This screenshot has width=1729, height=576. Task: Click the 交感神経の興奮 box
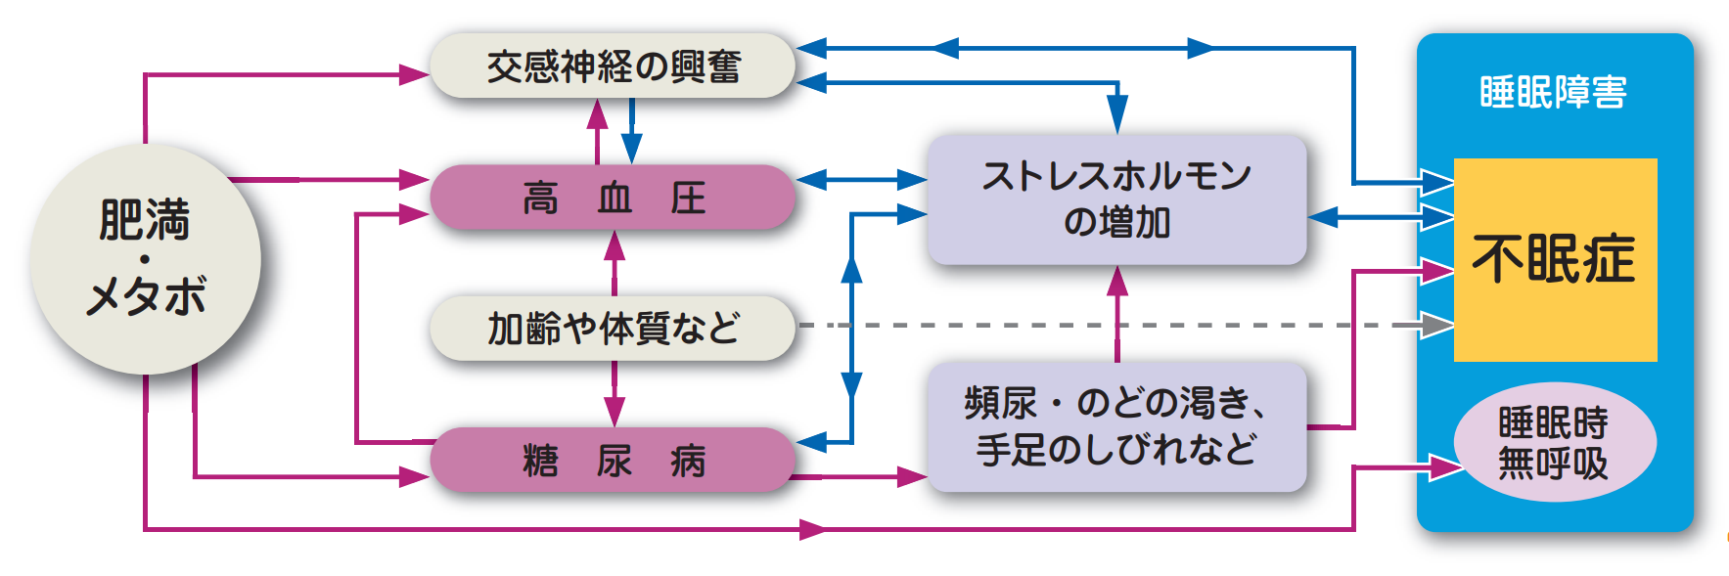(x=613, y=66)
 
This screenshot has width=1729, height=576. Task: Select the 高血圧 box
(x=613, y=198)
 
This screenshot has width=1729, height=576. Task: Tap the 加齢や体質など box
(x=613, y=329)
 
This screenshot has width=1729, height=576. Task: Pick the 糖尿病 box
(x=613, y=460)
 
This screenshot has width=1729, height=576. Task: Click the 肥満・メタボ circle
(x=146, y=259)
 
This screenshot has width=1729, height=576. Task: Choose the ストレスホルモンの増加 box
(x=1116, y=199)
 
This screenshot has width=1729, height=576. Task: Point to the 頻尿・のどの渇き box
(x=1116, y=427)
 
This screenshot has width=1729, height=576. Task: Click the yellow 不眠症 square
(x=1554, y=259)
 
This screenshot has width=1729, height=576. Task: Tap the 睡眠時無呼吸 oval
(x=1554, y=443)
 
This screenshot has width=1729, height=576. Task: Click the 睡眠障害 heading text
(x=1554, y=92)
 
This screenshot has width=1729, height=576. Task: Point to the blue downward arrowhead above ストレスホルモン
(x=1117, y=114)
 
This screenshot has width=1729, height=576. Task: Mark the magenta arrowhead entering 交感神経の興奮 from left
(x=415, y=74)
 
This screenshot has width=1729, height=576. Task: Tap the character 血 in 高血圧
(x=614, y=199)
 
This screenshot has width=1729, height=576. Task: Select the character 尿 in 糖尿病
(x=614, y=461)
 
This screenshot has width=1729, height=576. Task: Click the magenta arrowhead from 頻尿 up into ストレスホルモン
(x=1117, y=282)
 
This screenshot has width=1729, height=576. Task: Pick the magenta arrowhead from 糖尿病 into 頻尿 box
(x=912, y=477)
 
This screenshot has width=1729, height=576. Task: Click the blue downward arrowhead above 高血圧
(x=631, y=149)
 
